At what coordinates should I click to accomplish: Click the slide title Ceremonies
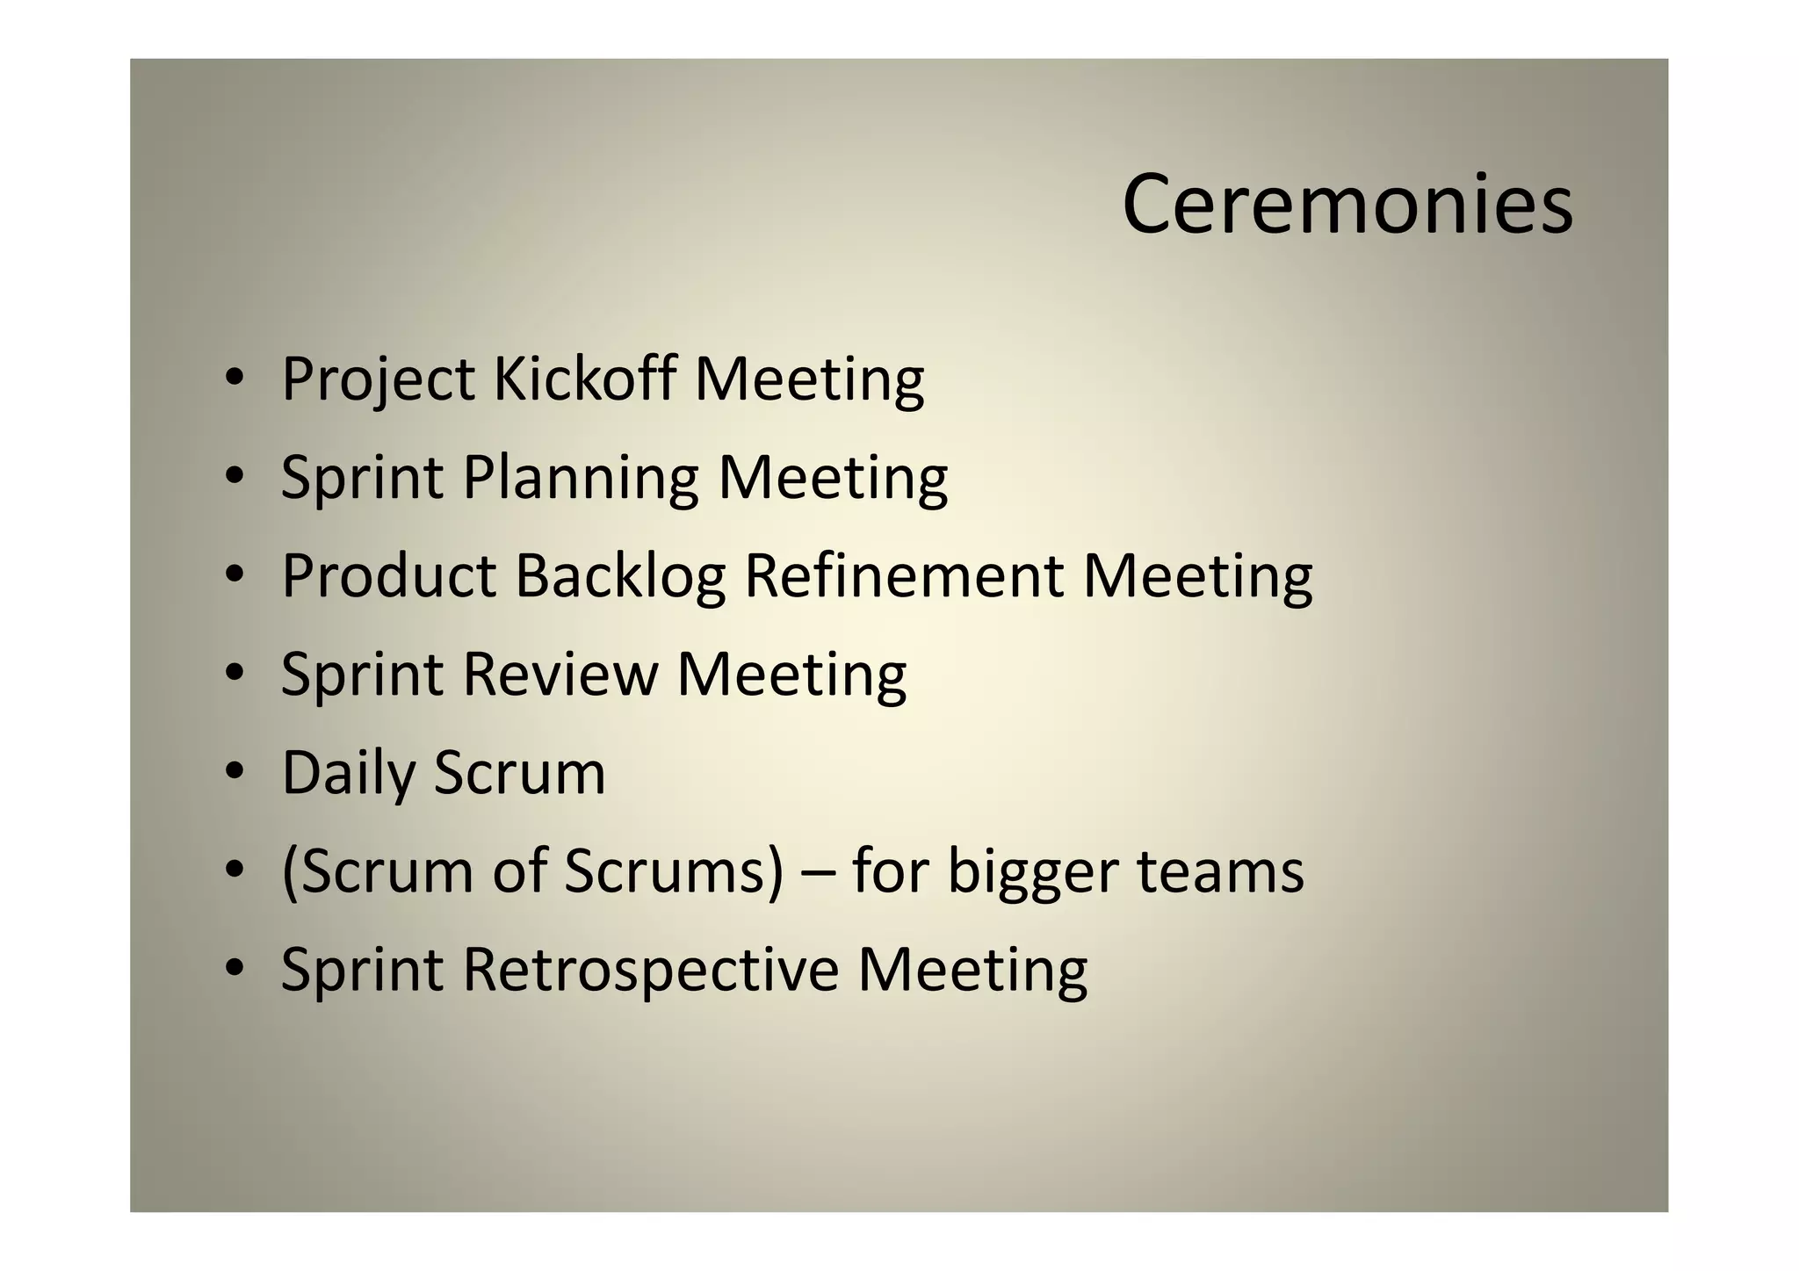pos(1347,204)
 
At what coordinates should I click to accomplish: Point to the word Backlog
pos(620,577)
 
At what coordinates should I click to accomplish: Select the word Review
pos(560,674)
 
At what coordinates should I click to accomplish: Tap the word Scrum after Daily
pos(519,773)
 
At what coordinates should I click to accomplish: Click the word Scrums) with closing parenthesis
pos(673,871)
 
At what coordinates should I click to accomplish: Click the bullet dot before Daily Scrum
pos(233,771)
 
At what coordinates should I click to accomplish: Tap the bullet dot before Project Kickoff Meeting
pos(233,378)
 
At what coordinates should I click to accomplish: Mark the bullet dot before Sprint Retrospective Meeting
pos(233,968)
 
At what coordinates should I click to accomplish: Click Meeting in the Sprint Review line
pos(791,675)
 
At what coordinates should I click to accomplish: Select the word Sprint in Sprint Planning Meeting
pos(362,479)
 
